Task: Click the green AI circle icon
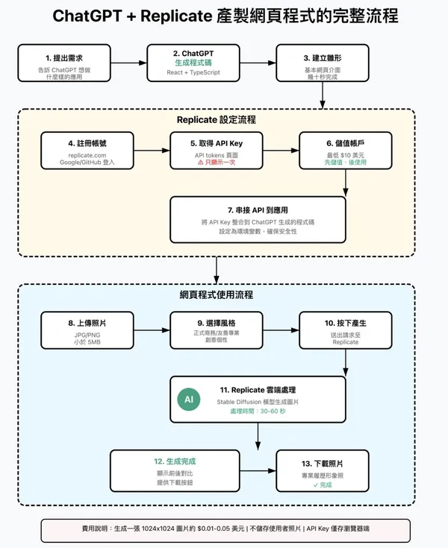(188, 400)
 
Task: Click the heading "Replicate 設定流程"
(216, 119)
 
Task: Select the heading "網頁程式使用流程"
(216, 295)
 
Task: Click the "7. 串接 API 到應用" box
(258, 219)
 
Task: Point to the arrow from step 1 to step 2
(128, 63)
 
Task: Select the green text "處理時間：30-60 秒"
(258, 411)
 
